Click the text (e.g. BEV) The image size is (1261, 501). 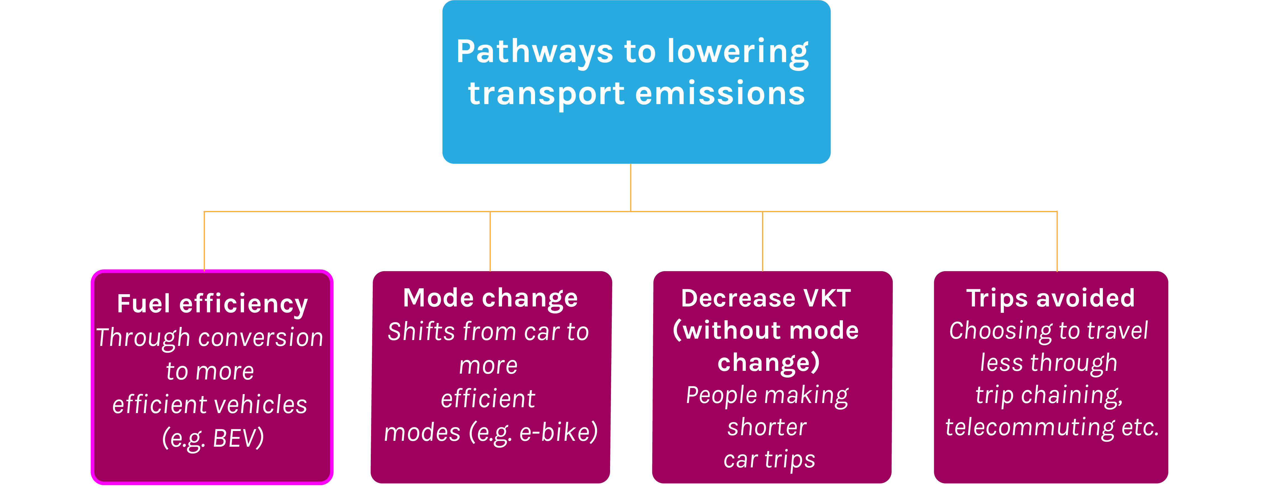click(x=213, y=438)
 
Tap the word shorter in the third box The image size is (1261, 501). click(x=767, y=427)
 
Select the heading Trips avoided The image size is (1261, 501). click(x=1051, y=298)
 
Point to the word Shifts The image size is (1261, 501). click(x=421, y=332)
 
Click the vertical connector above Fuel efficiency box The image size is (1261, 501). click(x=204, y=240)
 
